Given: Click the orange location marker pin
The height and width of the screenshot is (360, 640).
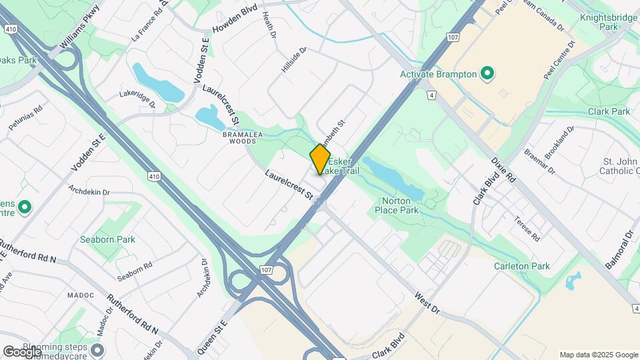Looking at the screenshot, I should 320,160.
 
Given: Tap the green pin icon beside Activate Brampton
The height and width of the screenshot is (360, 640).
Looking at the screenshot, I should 487,73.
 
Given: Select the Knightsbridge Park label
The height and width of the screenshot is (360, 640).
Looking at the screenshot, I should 609,22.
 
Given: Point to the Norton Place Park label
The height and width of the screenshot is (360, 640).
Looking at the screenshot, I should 400,205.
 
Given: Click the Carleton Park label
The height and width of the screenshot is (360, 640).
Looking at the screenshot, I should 522,266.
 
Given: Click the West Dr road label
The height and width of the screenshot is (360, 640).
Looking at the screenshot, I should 427,302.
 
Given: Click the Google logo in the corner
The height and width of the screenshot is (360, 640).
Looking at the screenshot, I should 21,351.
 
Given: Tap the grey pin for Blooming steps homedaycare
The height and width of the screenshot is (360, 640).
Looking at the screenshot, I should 98,350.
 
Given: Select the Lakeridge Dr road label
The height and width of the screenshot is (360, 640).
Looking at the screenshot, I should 137,99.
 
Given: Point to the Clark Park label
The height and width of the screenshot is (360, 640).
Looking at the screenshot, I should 609,111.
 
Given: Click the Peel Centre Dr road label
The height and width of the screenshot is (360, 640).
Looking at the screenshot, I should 559,61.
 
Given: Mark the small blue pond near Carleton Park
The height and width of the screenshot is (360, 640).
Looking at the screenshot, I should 573,281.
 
